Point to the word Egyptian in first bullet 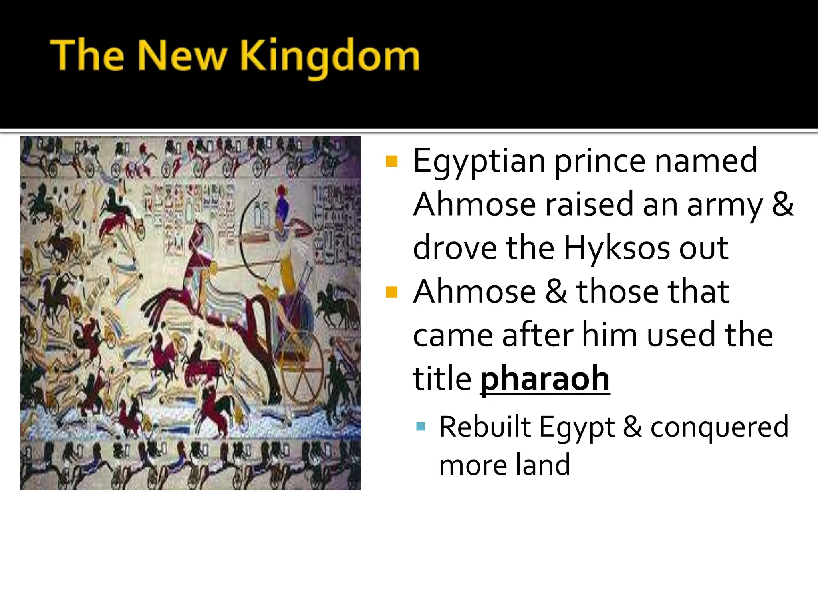(479, 161)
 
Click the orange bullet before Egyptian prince (392, 161)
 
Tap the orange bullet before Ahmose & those (392, 292)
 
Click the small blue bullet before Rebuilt (420, 427)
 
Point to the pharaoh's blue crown (282, 205)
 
